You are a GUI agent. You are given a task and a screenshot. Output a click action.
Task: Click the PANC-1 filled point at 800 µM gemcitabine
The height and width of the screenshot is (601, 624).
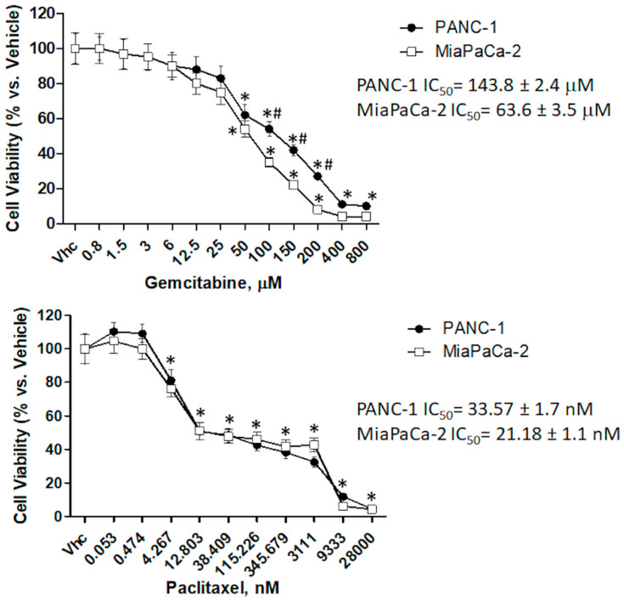pos(367,207)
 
